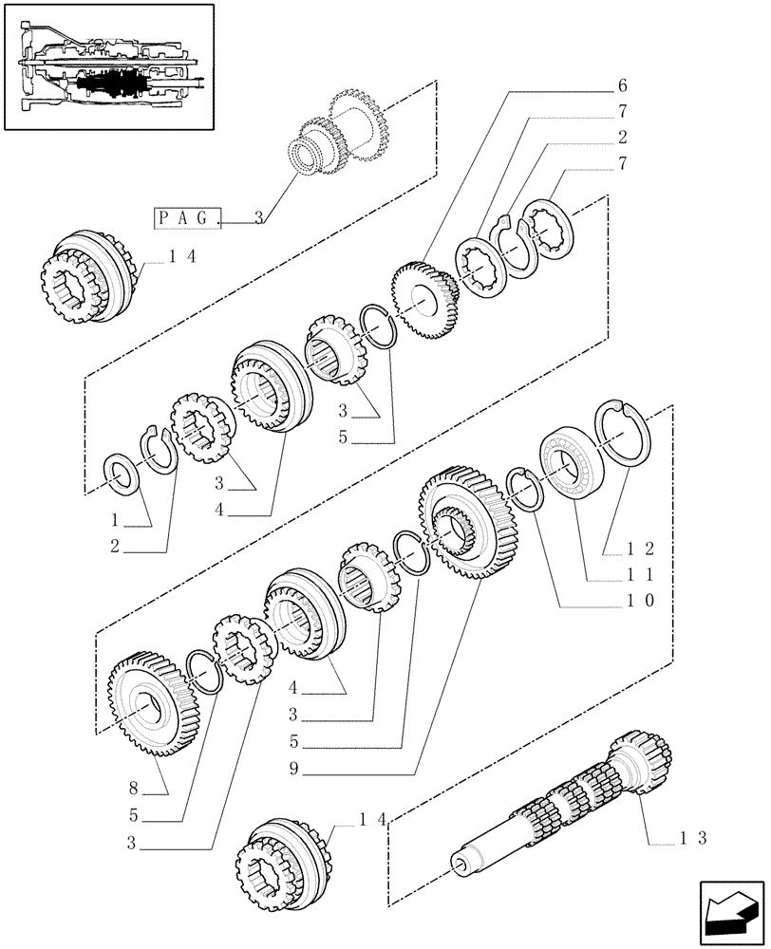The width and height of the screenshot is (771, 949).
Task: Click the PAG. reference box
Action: (187, 217)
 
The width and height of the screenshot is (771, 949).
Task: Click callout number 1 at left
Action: (116, 520)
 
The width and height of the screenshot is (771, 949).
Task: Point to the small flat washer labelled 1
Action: (122, 471)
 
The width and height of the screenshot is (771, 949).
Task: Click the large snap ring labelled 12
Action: (620, 433)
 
